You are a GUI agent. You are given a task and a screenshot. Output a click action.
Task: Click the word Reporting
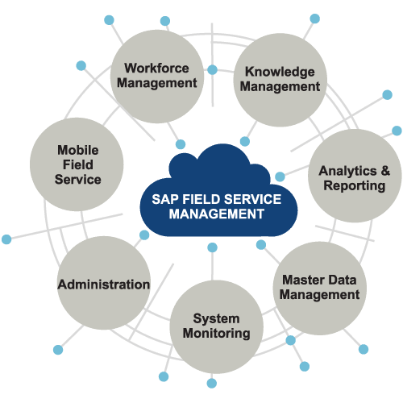[x=353, y=186]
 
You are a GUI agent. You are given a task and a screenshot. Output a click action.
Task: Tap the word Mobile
[x=78, y=150]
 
